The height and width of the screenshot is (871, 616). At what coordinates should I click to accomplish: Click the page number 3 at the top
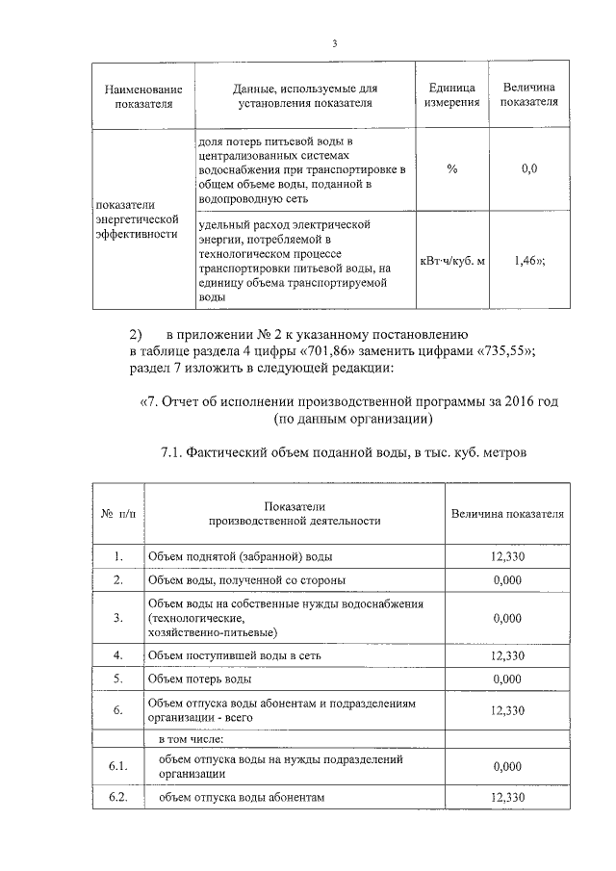(334, 43)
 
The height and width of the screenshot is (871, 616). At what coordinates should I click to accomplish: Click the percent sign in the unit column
(452, 169)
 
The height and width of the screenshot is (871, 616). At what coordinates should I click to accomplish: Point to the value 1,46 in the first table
(526, 260)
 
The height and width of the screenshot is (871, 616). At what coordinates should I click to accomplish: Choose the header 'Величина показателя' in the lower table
(507, 513)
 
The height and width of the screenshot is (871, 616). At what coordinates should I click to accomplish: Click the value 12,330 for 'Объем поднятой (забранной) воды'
(507, 557)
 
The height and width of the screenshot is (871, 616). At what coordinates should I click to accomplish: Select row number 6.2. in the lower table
(117, 798)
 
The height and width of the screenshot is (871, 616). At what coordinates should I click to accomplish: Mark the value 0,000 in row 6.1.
(507, 767)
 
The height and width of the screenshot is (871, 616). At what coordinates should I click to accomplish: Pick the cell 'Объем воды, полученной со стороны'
(246, 580)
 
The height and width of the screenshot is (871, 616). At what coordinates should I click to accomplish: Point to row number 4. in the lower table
(117, 654)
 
